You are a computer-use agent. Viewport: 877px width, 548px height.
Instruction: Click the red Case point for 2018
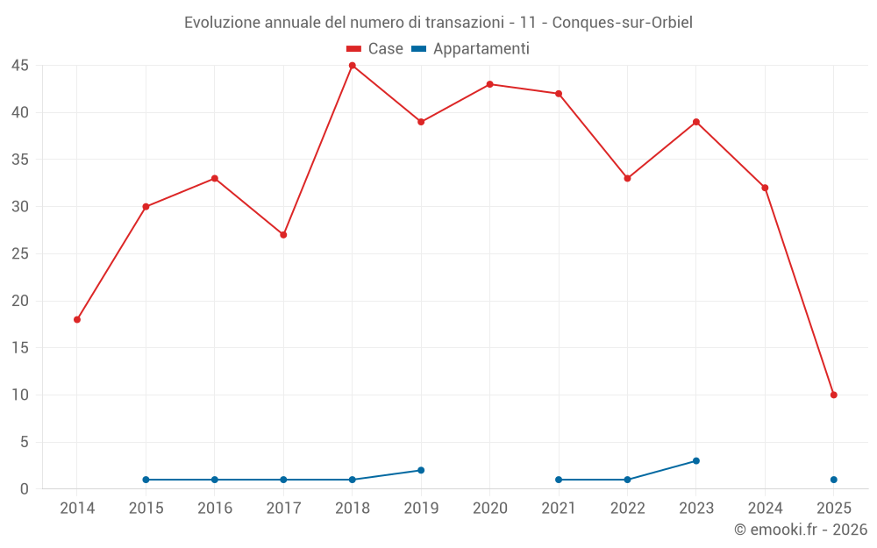[352, 66]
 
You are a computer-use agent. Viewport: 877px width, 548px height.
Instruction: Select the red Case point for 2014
[77, 319]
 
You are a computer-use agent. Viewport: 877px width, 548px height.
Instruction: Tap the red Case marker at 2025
[833, 395]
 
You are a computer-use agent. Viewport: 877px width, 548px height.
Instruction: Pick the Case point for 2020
[489, 84]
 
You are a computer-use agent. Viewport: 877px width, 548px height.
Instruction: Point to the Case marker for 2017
[283, 235]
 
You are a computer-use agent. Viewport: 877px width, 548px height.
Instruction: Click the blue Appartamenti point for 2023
[695, 460]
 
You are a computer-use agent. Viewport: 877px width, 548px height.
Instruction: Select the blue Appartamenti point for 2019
[421, 470]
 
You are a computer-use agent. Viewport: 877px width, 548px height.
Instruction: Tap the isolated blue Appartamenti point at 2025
[833, 480]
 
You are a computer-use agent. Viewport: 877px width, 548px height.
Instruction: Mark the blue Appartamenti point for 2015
[146, 480]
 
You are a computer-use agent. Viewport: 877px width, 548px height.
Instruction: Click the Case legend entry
[374, 49]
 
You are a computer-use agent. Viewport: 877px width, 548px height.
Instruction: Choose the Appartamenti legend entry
[471, 49]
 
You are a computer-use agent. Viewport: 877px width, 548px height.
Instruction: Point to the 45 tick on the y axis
[20, 66]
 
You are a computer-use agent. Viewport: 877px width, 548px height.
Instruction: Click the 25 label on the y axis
[20, 254]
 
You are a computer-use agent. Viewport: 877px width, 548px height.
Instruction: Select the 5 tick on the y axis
[25, 442]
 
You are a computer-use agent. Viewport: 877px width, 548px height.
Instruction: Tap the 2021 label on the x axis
[559, 508]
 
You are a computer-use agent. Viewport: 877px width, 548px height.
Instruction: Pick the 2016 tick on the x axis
[215, 508]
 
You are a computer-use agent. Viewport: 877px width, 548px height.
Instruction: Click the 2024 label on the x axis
[765, 508]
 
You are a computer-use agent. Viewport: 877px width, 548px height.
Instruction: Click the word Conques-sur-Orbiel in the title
[622, 23]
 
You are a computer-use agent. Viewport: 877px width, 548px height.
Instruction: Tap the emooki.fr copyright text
[800, 530]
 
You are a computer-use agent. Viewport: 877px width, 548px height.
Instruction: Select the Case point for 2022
[627, 178]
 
